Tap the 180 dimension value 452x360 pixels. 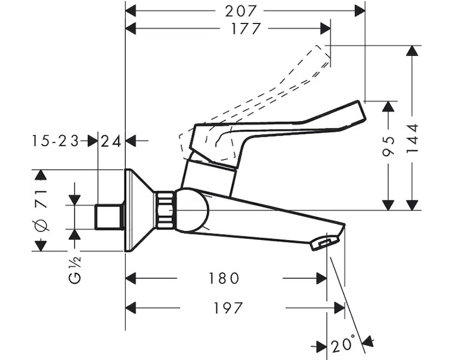click(224, 278)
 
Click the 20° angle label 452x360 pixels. click(345, 346)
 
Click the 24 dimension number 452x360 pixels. click(112, 141)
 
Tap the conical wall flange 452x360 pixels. click(139, 210)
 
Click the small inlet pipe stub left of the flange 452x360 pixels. click(109, 217)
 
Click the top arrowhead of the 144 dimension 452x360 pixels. click(412, 51)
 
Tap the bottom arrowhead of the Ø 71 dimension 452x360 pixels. click(41, 245)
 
